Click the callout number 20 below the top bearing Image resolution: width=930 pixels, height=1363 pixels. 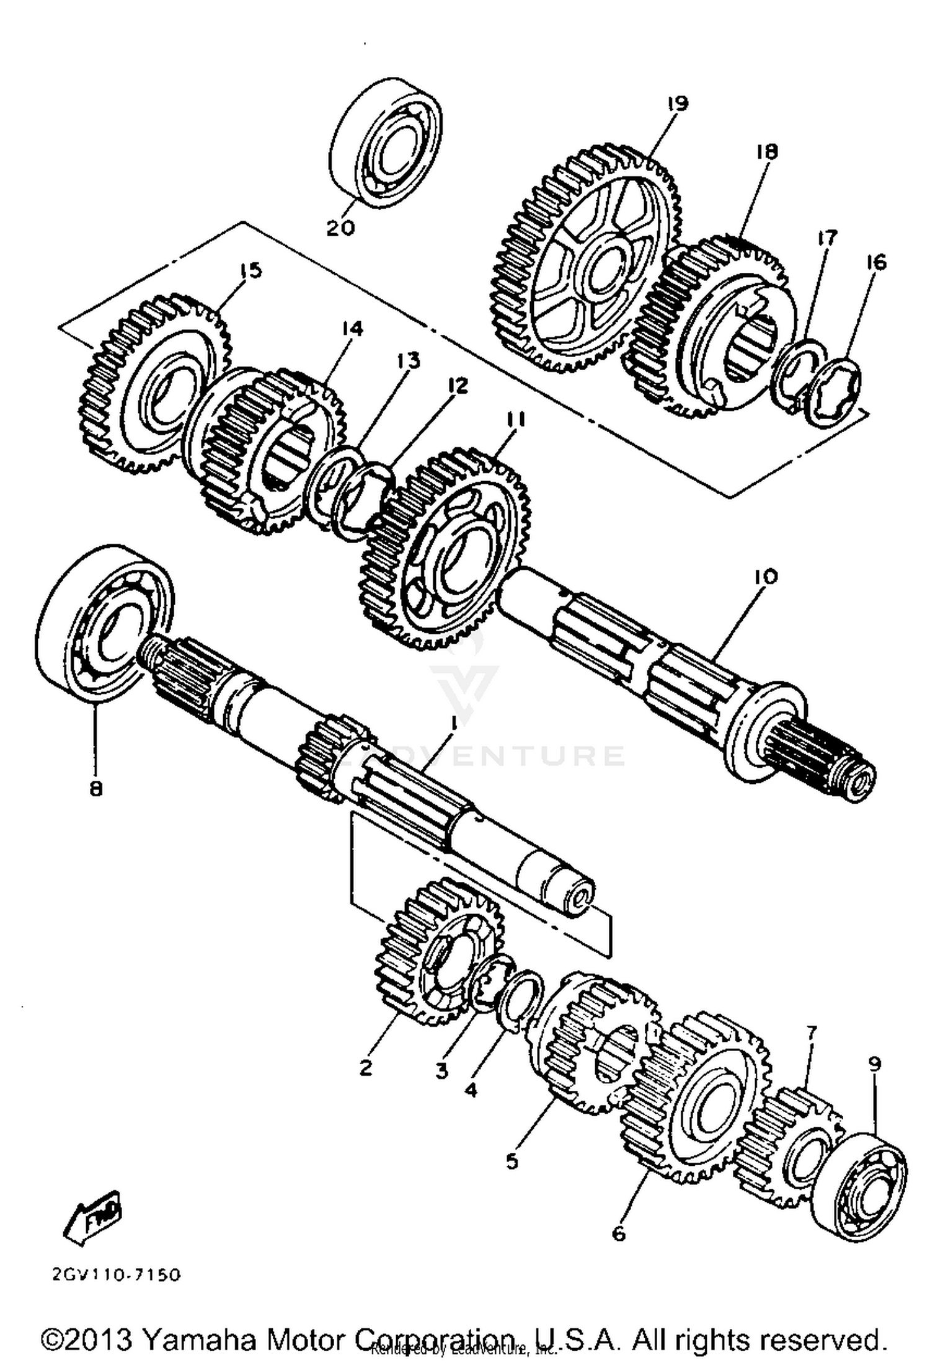(x=341, y=228)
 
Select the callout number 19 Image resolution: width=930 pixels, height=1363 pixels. (x=678, y=103)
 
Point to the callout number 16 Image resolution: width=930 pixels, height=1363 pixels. (x=876, y=262)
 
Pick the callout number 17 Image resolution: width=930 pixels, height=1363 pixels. (x=827, y=238)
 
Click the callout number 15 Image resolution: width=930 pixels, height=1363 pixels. (x=251, y=271)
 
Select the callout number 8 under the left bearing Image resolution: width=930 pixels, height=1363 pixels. (x=96, y=789)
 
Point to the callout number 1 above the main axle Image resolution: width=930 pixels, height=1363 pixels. (x=454, y=722)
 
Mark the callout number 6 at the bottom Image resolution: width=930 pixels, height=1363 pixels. (x=619, y=1234)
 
